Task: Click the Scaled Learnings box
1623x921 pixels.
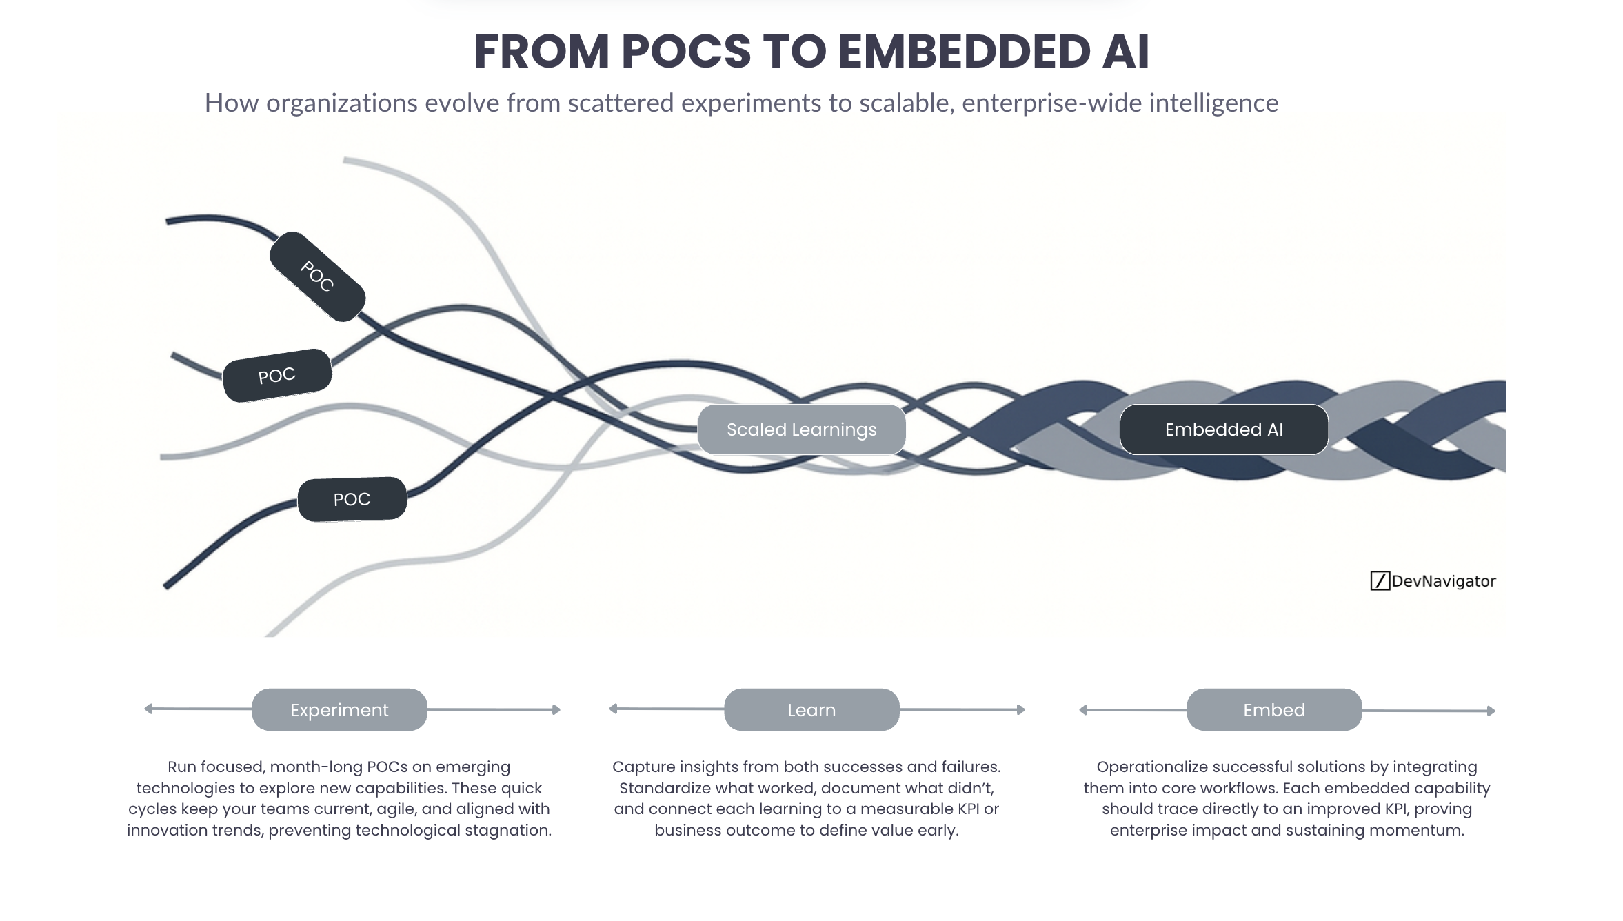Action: pos(801,429)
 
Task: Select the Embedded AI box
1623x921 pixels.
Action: pos(1224,429)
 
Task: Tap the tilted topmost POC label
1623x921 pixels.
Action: pos(317,276)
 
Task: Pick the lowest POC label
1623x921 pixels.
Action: pos(352,499)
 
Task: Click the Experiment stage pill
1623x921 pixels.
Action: pos(339,709)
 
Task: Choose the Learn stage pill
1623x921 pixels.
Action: pos(811,709)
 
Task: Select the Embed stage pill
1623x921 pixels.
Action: pos(1274,709)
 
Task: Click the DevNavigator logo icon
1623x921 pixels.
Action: pos(1380,581)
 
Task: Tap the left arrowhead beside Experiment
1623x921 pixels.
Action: pos(148,709)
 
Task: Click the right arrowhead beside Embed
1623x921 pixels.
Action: pos(1491,711)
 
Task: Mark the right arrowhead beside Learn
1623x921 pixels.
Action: pos(1021,709)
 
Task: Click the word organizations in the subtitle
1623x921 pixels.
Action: pos(342,103)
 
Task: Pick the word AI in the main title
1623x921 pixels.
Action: pos(1125,52)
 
